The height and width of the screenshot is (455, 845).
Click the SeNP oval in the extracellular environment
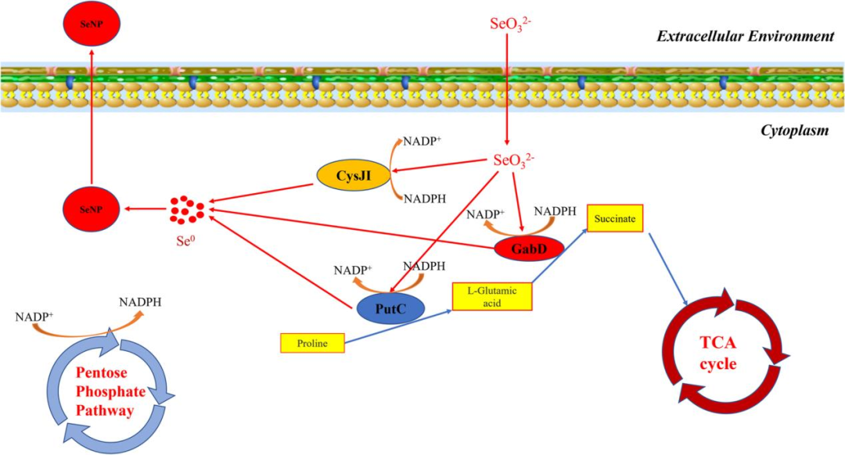92,23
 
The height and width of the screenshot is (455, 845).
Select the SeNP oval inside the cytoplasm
92,209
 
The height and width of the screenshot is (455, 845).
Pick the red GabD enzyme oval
530,249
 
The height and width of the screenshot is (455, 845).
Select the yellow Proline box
312,342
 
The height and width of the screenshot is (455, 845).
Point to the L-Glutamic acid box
492,296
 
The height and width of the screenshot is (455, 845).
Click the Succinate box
614,220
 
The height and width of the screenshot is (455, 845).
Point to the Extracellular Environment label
744,36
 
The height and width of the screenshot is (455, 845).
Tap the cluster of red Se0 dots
187,210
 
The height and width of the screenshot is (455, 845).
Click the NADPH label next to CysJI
425,199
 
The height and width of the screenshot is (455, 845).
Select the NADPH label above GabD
554,212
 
